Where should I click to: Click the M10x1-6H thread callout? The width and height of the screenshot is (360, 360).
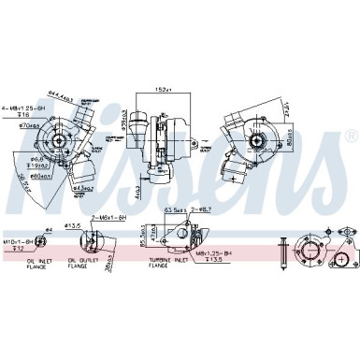[x=18, y=240]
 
